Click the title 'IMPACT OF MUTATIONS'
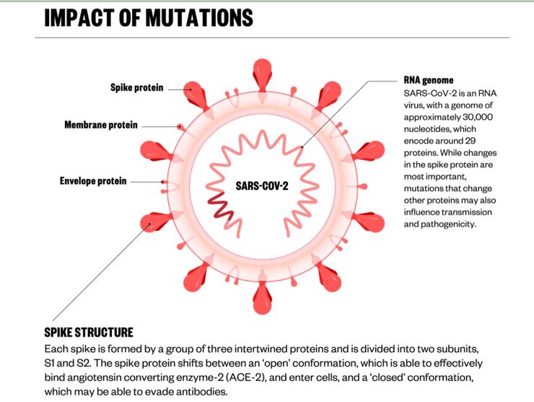(149, 17)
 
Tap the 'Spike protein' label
(136, 88)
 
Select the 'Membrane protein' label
(100, 126)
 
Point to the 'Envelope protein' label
(92, 180)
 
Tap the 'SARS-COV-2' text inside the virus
(261, 185)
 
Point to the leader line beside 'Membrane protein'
(159, 126)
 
